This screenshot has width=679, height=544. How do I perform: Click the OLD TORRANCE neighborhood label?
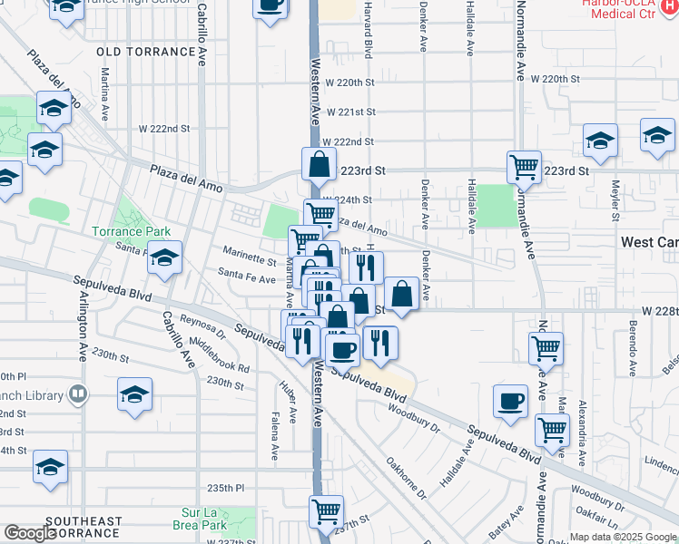(146, 52)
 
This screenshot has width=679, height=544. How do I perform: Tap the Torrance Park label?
(125, 231)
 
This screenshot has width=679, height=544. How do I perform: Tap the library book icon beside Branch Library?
(78, 394)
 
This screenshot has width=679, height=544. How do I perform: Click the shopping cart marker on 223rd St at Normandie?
(524, 166)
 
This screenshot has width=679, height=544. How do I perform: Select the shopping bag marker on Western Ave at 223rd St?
(319, 164)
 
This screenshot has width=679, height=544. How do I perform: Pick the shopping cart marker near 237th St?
(326, 510)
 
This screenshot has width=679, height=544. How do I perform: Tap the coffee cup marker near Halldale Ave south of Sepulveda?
(510, 401)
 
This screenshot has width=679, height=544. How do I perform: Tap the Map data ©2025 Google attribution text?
(623, 537)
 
